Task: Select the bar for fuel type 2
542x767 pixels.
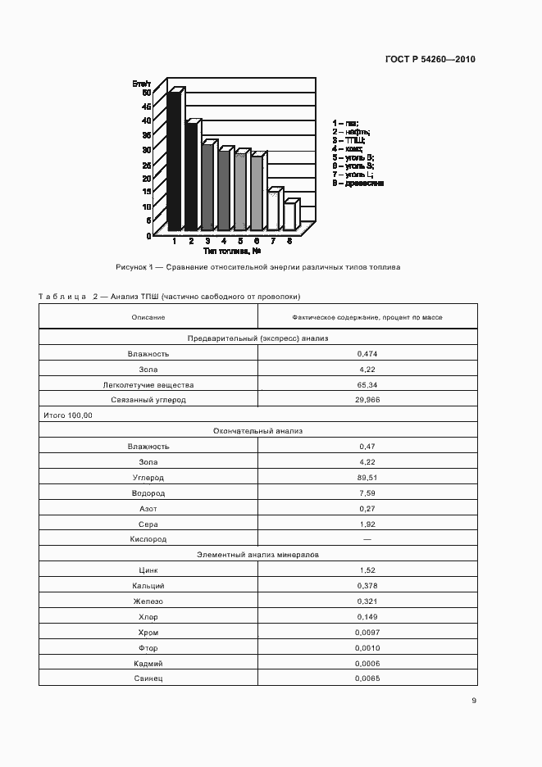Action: pos(190,176)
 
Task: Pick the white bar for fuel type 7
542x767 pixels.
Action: pos(273,211)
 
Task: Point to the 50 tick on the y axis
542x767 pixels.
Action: pos(146,93)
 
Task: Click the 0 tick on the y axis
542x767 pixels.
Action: pos(148,235)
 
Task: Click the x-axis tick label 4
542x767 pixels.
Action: pos(224,242)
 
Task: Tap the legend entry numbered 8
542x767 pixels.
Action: pos(358,184)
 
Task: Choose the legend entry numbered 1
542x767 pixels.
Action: pos(345,123)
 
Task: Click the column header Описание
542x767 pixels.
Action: pos(148,317)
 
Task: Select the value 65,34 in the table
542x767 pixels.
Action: pos(367,384)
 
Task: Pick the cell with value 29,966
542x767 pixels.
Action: pos(367,400)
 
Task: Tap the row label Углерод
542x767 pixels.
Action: pos(148,478)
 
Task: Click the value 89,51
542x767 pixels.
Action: pos(367,478)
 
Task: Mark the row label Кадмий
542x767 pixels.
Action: pos(148,664)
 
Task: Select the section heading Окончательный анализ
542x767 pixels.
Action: pos(257,431)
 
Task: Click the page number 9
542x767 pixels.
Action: pos(473,701)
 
